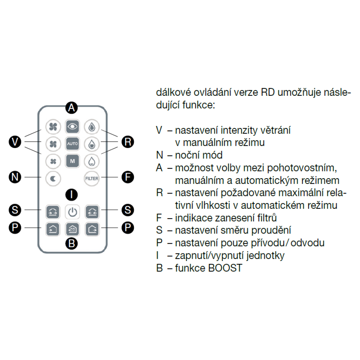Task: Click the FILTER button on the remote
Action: (x=91, y=178)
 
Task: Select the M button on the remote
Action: (x=72, y=161)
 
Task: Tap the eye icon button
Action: (x=72, y=126)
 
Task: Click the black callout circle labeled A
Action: (x=72, y=107)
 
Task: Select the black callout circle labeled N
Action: (x=14, y=177)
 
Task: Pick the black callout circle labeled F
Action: (x=127, y=177)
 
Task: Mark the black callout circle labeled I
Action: (x=72, y=195)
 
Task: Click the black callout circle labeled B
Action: (x=72, y=244)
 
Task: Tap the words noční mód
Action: (x=199, y=155)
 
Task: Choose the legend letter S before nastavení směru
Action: (x=159, y=230)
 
